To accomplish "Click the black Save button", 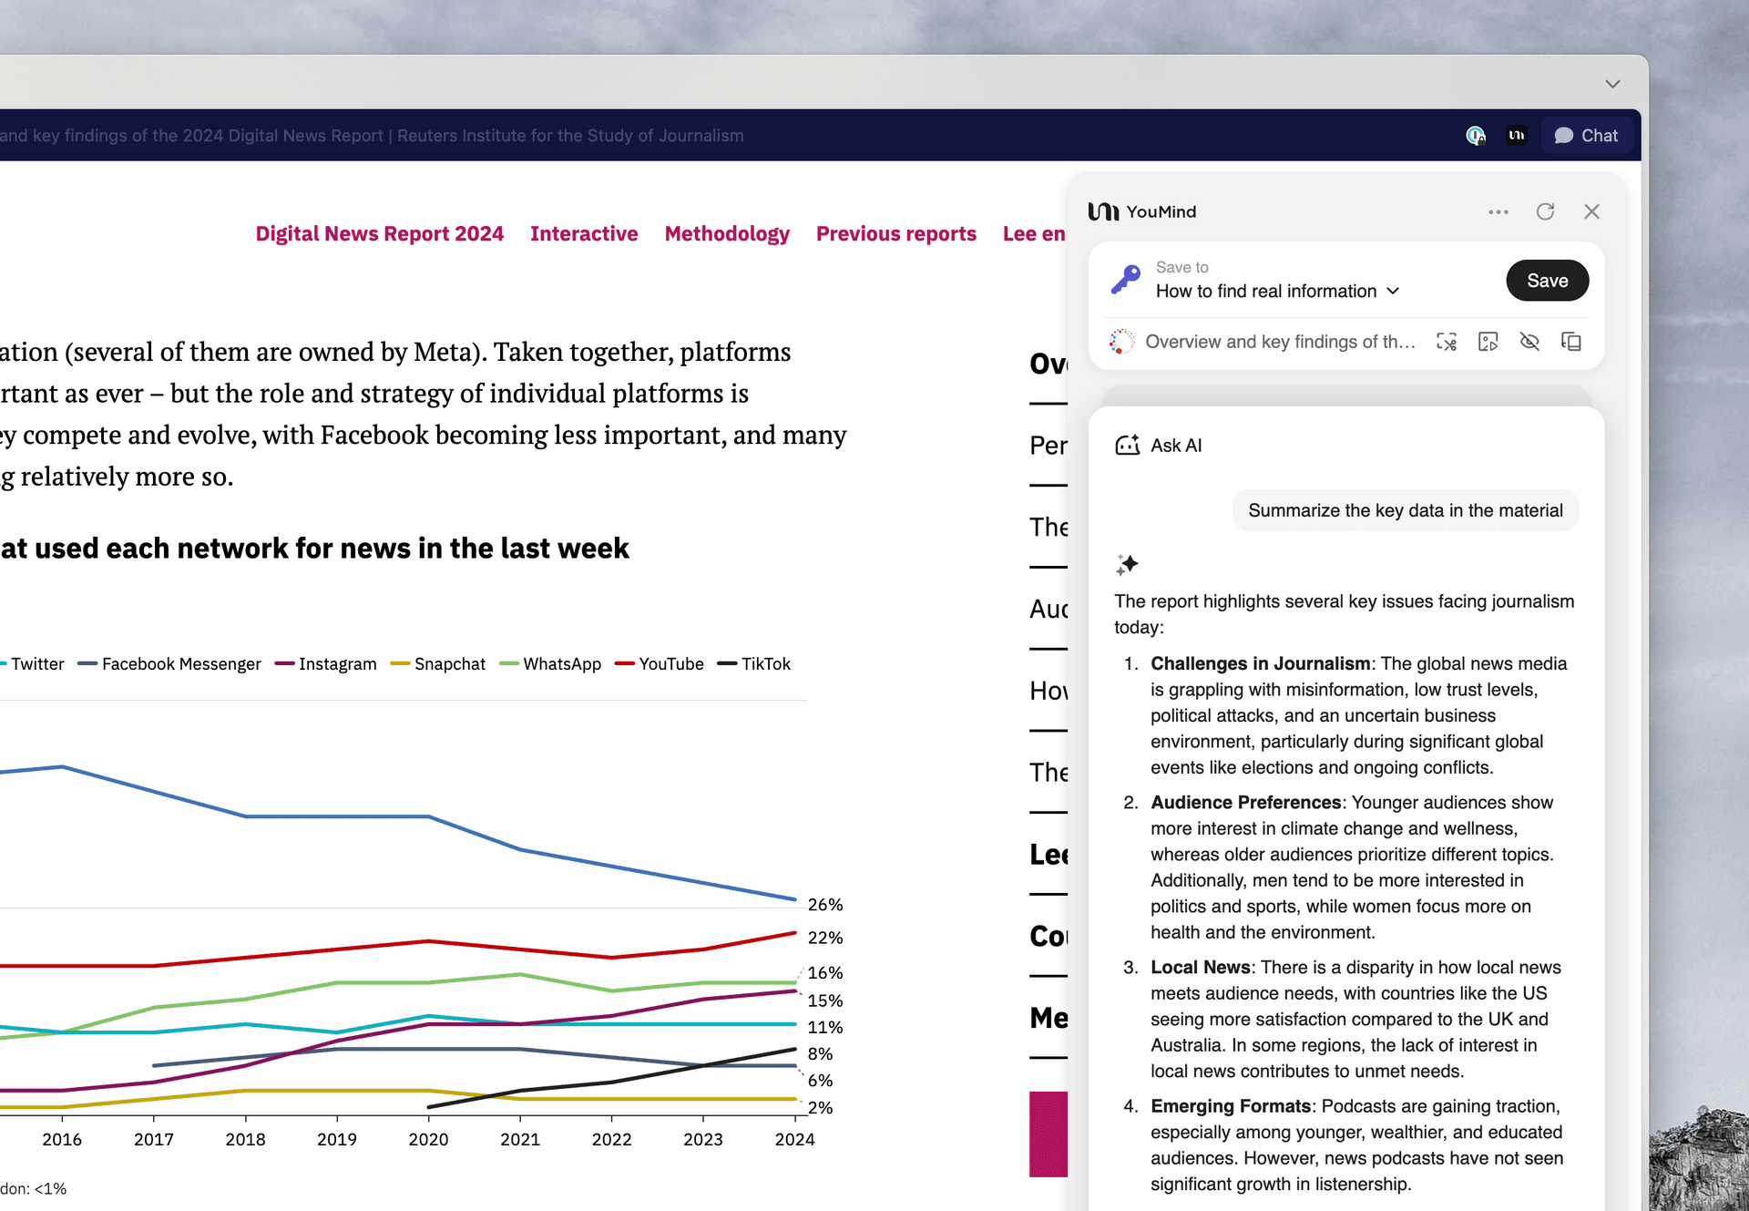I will [1547, 281].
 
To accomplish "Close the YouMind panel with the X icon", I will [1591, 211].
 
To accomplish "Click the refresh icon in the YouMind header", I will [1545, 211].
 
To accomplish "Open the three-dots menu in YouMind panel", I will [1498, 211].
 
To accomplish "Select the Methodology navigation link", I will [727, 234].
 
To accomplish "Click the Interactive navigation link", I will [584, 234].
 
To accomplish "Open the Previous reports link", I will [895, 234].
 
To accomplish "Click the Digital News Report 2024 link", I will [379, 234].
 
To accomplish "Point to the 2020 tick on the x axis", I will [428, 1139].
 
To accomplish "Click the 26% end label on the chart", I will [825, 905].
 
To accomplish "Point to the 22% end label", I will [825, 938].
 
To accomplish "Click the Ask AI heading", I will [1175, 446].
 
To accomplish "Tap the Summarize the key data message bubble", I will [1405, 510].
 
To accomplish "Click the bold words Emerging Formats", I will [1230, 1106].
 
